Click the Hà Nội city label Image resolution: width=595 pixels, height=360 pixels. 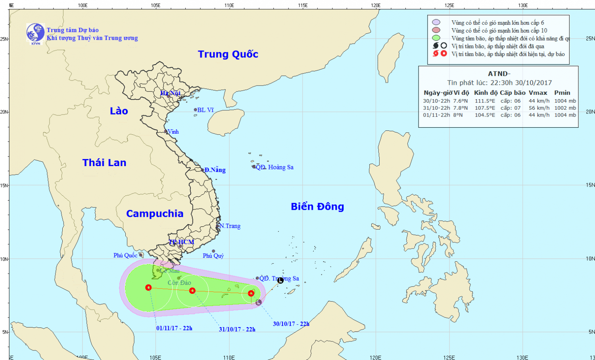click(x=170, y=93)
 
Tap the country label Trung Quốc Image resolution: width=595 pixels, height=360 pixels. click(x=228, y=54)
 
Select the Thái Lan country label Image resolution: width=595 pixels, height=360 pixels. click(x=104, y=163)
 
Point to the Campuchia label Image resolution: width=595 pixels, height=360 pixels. click(x=155, y=214)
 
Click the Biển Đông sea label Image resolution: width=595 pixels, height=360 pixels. click(x=317, y=207)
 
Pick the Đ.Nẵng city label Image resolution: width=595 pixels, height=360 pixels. click(x=215, y=170)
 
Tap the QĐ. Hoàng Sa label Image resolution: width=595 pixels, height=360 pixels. click(x=274, y=167)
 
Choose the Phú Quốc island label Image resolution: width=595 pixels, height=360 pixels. click(x=125, y=255)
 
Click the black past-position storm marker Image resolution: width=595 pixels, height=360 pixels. click(x=280, y=280)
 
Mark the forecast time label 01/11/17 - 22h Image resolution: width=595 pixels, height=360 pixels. click(x=174, y=328)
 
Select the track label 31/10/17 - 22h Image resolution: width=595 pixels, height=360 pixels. click(x=237, y=329)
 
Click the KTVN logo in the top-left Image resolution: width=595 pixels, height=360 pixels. click(x=35, y=33)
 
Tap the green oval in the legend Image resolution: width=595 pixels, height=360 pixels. click(x=436, y=38)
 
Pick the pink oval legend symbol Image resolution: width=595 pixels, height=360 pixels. click(x=436, y=30)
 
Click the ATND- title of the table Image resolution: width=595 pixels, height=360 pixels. click(x=499, y=74)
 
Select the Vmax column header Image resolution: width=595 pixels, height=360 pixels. click(x=538, y=93)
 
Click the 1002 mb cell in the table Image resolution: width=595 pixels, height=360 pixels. click(x=565, y=108)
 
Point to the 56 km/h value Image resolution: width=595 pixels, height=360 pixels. click(x=539, y=108)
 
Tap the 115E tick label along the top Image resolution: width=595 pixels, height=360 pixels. click(x=303, y=5)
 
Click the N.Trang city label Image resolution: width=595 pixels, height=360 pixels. click(x=230, y=226)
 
